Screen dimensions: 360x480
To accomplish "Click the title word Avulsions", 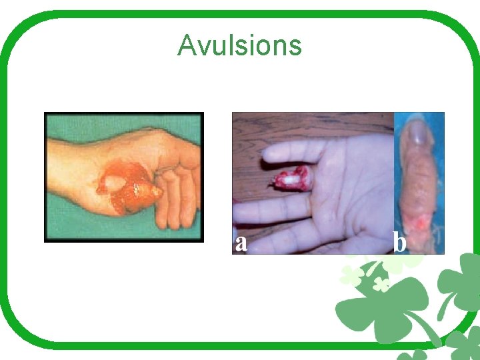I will pos(239,46).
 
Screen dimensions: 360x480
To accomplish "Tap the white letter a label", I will pos(241,243).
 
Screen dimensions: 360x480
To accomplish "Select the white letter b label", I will pos(400,243).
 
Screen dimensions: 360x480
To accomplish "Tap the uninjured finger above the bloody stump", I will pos(293,153).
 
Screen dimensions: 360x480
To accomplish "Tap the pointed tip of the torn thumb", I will pos(160,192).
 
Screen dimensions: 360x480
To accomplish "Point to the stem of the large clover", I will pos(427,333).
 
